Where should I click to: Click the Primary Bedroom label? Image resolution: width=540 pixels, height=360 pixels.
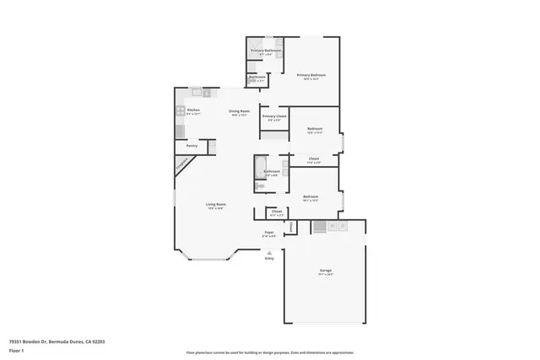coord(311,75)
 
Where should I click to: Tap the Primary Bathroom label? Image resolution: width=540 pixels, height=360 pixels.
coord(266,51)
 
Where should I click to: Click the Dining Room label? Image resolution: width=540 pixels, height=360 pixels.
coord(239,110)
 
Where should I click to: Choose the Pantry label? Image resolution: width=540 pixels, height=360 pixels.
coord(192,145)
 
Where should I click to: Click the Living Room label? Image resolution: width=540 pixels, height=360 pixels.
coord(216,204)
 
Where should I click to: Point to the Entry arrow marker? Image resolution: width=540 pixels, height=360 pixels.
coord(269,252)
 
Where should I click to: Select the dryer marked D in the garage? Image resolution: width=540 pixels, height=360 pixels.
coord(343,226)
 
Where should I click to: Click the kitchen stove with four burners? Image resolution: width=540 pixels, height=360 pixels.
coord(180,110)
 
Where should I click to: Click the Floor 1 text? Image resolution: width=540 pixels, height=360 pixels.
coord(15,349)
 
